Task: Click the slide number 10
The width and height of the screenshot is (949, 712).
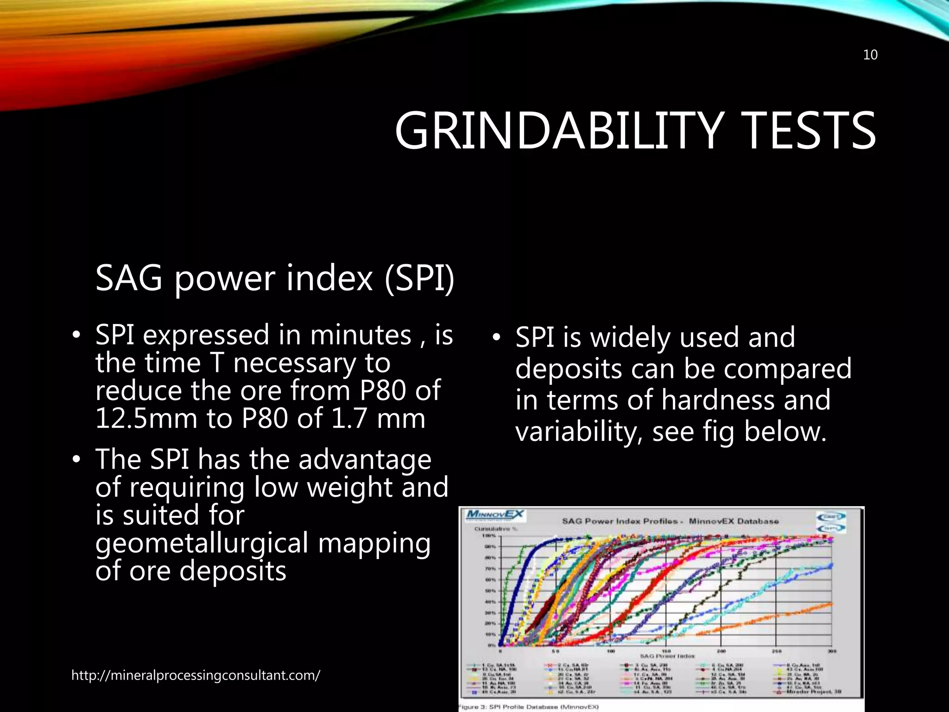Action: [x=870, y=55]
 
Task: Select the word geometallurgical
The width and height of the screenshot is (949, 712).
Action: [x=202, y=544]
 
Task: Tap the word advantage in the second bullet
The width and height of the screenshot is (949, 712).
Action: [x=365, y=460]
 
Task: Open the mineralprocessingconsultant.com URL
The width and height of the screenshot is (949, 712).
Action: [x=196, y=675]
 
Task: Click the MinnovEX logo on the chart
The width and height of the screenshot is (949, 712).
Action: [x=495, y=515]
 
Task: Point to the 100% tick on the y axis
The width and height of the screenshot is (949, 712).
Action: [x=490, y=535]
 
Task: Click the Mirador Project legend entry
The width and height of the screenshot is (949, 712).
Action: [x=811, y=692]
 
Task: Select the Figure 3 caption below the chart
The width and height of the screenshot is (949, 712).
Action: [x=528, y=707]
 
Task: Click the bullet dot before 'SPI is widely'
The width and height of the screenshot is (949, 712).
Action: [x=496, y=337]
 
